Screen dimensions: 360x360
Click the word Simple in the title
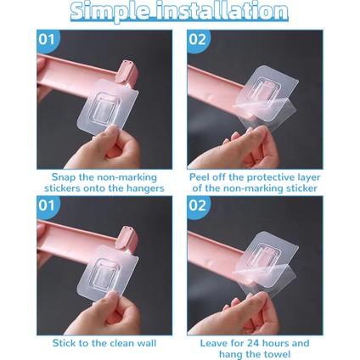point(110,12)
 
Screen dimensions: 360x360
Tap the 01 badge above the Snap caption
point(47,40)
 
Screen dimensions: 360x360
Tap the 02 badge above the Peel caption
point(197,40)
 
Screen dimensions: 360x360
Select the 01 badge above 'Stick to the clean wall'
point(47,205)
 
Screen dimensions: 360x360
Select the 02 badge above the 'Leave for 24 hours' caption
point(197,205)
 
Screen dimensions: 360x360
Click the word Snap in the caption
point(64,177)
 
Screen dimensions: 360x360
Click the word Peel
point(200,177)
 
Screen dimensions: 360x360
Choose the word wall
point(145,343)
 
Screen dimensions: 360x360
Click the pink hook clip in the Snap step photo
point(127,72)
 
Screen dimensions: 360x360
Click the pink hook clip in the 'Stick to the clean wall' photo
point(127,239)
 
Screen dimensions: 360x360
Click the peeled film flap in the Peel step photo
point(266,112)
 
